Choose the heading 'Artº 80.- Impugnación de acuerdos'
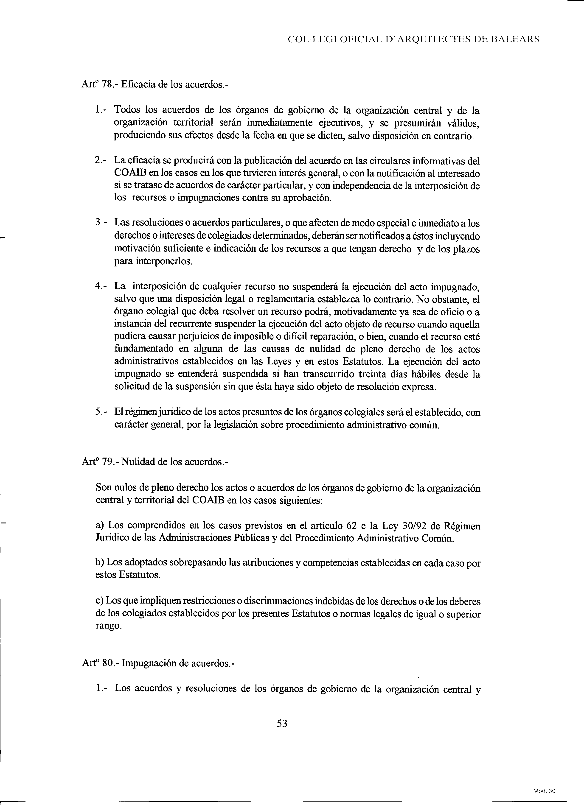pyautogui.click(x=158, y=663)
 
